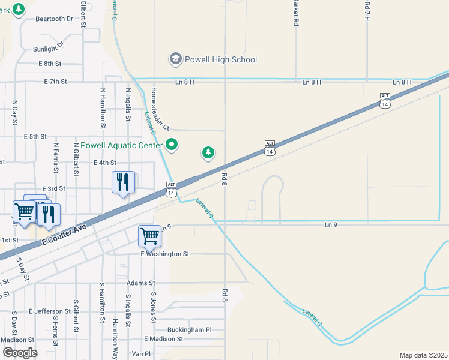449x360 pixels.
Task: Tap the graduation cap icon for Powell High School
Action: point(175,59)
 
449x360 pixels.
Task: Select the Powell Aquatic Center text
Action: point(121,145)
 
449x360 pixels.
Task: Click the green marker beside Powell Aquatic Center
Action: point(172,145)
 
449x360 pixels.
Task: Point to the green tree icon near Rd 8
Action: point(208,153)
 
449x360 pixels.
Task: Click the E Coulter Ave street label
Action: point(65,234)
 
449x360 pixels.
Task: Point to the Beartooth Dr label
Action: point(54,19)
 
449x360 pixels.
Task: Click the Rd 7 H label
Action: point(367,10)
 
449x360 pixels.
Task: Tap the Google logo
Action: point(20,353)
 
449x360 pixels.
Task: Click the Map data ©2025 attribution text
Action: point(424,355)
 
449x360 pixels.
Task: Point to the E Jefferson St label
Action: point(49,311)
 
